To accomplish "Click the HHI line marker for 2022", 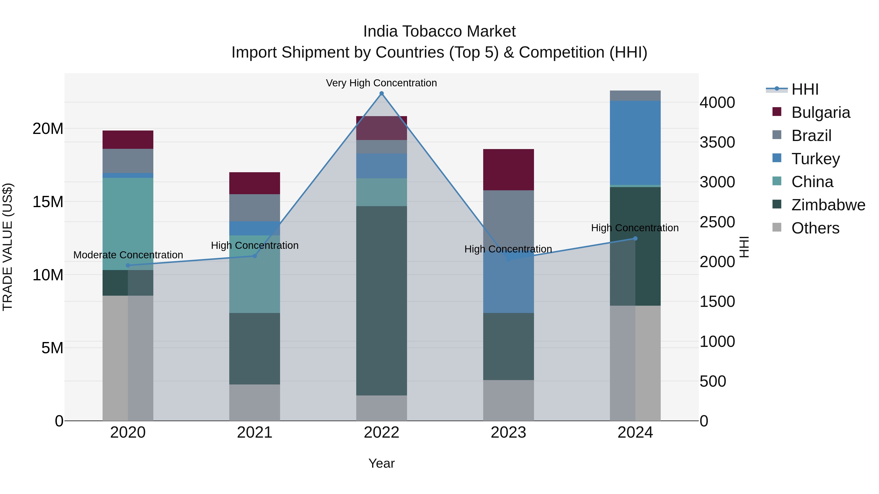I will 381,93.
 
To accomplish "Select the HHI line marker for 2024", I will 635,238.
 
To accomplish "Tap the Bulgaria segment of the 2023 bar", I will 508,170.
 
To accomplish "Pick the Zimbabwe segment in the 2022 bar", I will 381,300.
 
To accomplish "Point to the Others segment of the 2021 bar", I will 255,402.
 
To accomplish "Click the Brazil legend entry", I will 811,135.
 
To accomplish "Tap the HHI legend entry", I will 804,89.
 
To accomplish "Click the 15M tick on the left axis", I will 48,202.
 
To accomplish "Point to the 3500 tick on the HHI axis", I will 717,142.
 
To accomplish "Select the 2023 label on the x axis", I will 508,433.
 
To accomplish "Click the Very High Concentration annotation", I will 381,83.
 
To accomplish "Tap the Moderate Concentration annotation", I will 128,255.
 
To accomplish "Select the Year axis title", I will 381,463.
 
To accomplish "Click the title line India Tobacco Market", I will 439,31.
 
